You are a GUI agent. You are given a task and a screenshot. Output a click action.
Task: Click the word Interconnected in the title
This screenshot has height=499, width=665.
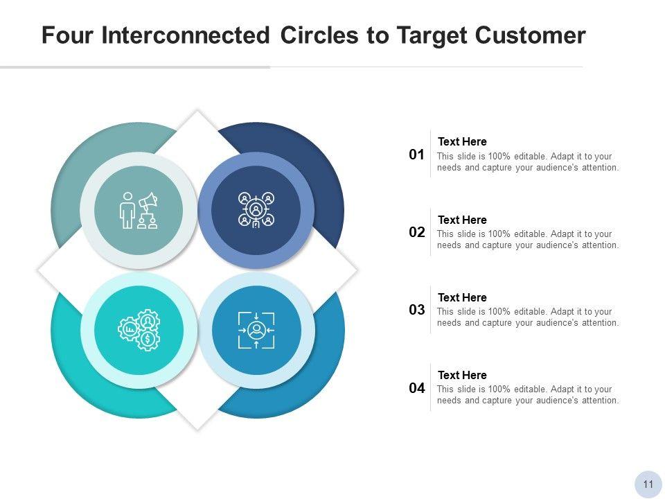(x=186, y=35)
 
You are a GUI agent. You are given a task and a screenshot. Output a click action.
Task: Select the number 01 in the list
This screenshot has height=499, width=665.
(x=416, y=155)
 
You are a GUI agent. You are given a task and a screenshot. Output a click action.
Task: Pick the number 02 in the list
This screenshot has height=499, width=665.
(x=416, y=232)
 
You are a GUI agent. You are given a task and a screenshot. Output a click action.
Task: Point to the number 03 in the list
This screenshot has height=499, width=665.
(x=416, y=310)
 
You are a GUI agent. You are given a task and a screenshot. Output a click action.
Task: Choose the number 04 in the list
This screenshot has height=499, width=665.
(x=416, y=388)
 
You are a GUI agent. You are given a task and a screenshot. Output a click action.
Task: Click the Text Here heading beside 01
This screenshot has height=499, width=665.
(x=462, y=142)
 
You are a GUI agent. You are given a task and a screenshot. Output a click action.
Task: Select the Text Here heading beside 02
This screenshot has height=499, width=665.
(x=462, y=220)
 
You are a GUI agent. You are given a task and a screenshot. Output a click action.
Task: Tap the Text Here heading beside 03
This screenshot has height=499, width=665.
(x=462, y=297)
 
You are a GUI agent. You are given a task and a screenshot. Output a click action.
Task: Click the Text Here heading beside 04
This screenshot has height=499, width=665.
(x=462, y=375)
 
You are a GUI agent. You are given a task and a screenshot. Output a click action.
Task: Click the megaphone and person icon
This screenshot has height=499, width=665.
(x=139, y=210)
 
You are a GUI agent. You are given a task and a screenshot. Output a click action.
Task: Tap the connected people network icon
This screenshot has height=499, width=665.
(x=256, y=210)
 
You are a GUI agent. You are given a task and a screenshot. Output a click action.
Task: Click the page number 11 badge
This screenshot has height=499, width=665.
(x=648, y=484)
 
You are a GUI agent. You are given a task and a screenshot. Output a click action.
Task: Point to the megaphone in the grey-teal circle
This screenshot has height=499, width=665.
(x=148, y=202)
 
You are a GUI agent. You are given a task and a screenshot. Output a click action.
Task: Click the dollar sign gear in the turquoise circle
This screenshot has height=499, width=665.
(x=148, y=340)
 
